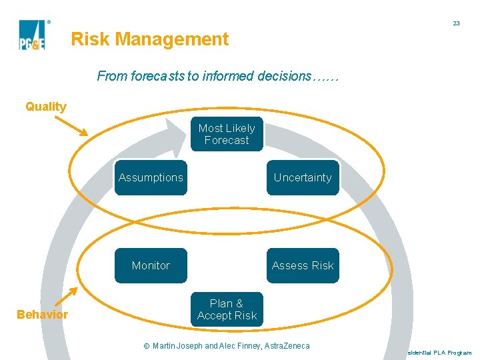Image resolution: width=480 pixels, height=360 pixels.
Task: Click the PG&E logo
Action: coord(32,35)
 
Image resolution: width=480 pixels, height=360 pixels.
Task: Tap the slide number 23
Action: coord(456,23)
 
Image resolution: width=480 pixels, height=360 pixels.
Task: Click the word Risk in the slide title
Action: coord(90,39)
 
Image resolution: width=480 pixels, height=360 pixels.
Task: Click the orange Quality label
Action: coord(46,107)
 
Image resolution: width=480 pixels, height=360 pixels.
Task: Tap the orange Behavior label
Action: coord(43,315)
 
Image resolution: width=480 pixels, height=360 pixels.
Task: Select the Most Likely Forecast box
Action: coord(227,134)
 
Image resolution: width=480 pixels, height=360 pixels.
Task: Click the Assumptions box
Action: coord(151,177)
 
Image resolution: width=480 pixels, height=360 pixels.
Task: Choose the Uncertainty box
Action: coord(303,177)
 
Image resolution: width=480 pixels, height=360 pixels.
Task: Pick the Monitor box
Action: coord(151,265)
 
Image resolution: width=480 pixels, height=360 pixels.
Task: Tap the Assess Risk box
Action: coord(303,265)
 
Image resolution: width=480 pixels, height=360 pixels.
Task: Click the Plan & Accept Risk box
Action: coord(227,309)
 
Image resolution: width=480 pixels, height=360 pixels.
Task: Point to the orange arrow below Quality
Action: coord(70,125)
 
